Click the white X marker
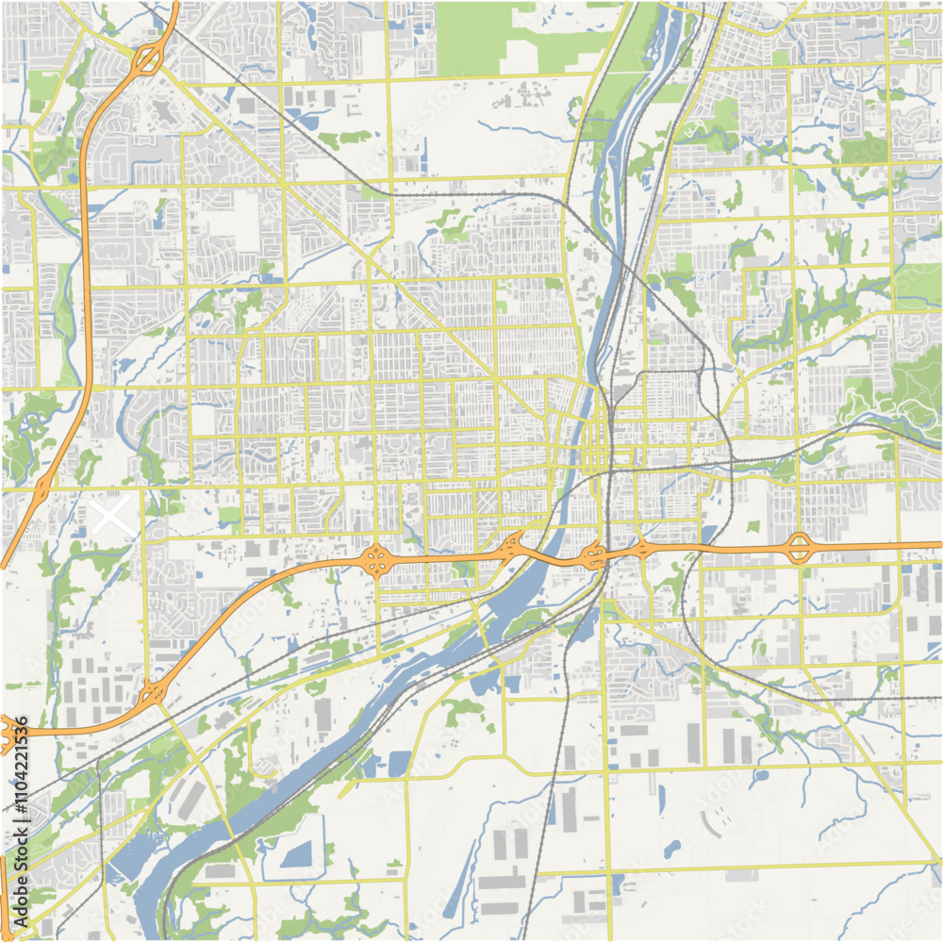click(x=111, y=516)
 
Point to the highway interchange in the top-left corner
click(x=147, y=59)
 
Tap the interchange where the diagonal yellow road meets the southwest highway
click(x=151, y=695)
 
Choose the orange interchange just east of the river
click(x=593, y=555)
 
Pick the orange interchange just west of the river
click(x=513, y=544)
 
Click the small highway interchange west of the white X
click(x=42, y=488)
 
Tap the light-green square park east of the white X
click(x=229, y=516)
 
